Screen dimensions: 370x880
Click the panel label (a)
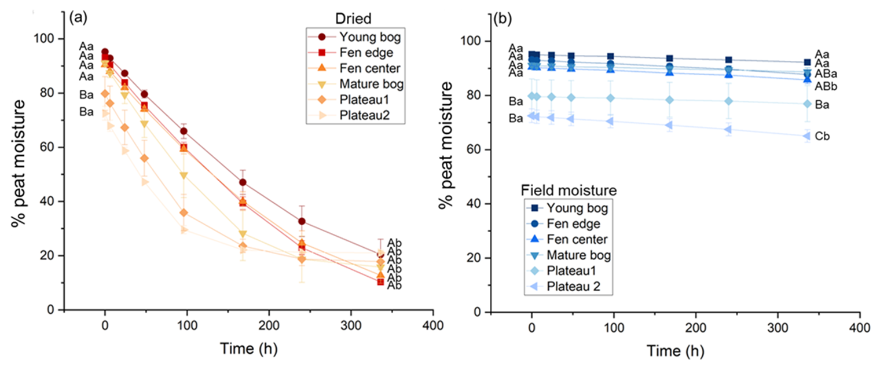(x=78, y=17)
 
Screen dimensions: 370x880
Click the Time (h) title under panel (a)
(x=250, y=349)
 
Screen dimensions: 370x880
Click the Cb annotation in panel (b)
(x=823, y=137)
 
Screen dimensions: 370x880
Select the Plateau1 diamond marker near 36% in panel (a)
(x=184, y=213)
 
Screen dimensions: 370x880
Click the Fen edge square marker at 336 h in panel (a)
(x=380, y=281)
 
